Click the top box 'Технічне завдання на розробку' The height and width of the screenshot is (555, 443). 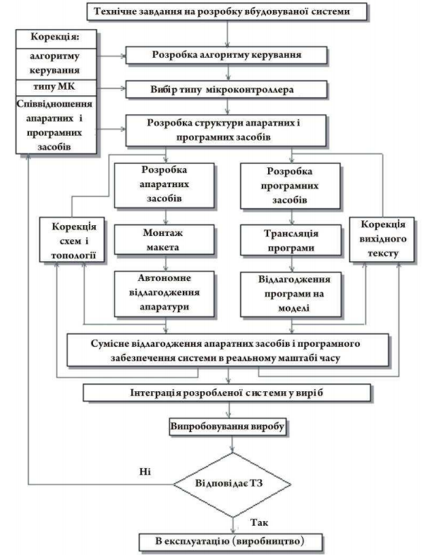227,12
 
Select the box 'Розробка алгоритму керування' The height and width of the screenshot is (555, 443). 227,55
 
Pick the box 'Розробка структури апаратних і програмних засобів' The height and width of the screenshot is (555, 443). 227,129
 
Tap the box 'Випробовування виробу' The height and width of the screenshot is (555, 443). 227,426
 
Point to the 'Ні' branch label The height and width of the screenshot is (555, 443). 145,471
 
